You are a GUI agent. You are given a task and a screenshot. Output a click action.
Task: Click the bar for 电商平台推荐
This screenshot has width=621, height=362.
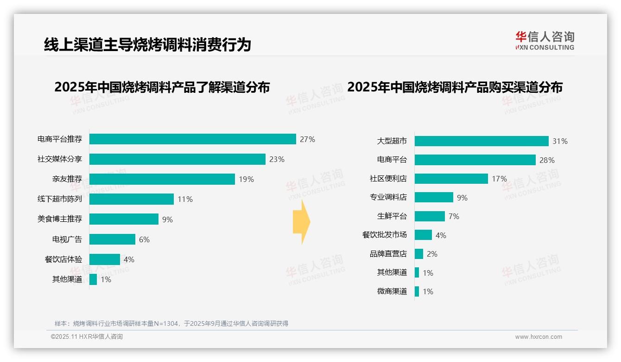pyautogui.click(x=192, y=139)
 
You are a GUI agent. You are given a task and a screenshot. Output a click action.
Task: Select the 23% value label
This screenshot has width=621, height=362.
pyautogui.click(x=277, y=159)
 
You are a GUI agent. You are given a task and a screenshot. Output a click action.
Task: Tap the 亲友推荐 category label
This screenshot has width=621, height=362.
pyautogui.click(x=67, y=179)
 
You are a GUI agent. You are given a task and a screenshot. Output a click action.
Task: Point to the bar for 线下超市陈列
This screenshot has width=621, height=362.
pyautogui.click(x=131, y=199)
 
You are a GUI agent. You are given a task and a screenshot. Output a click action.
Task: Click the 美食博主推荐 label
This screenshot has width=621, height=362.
pyautogui.click(x=60, y=219)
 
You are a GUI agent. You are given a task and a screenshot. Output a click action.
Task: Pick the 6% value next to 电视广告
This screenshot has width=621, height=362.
pyautogui.click(x=144, y=239)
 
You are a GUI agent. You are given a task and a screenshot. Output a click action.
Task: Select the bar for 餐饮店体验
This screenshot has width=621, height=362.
pyautogui.click(x=104, y=259)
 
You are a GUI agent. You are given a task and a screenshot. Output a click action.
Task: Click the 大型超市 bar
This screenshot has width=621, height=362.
pyautogui.click(x=482, y=141)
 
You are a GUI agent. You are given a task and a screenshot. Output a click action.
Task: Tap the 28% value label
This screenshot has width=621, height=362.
pyautogui.click(x=547, y=160)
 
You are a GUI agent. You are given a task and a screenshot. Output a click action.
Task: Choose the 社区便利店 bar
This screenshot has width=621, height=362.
pyautogui.click(x=451, y=179)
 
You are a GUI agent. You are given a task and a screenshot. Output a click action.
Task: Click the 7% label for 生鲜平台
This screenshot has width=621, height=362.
pyautogui.click(x=454, y=216)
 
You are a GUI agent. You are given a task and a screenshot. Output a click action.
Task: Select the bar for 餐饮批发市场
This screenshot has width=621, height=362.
pyautogui.click(x=423, y=235)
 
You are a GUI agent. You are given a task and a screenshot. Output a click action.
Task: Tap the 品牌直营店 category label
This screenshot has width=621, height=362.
pyautogui.click(x=388, y=254)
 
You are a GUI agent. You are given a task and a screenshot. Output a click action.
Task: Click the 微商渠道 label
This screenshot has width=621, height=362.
pyautogui.click(x=392, y=291)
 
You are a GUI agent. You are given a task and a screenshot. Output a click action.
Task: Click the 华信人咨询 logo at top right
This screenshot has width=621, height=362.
pyautogui.click(x=545, y=40)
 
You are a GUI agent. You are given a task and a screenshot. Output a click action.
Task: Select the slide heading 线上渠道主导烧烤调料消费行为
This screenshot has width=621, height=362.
pyautogui.click(x=147, y=45)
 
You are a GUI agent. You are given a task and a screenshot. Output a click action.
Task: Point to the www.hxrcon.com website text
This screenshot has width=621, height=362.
pyautogui.click(x=539, y=337)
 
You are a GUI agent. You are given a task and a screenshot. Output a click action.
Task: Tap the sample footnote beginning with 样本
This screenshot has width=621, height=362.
pyautogui.click(x=171, y=323)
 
